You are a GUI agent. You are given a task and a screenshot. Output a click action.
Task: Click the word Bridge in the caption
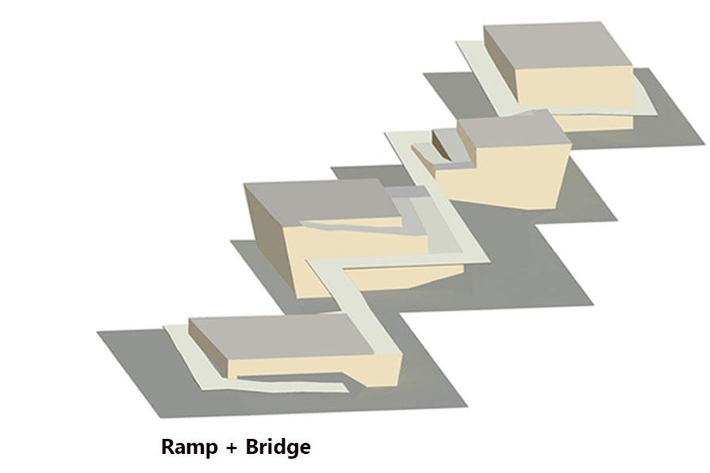tap(278, 447)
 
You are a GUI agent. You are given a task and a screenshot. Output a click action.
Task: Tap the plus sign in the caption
tap(232, 448)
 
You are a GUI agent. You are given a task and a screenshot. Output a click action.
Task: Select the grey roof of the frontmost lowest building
tap(281, 337)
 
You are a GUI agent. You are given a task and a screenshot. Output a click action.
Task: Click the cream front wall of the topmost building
tap(574, 88)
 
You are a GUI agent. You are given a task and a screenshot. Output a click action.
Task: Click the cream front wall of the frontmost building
tap(313, 368)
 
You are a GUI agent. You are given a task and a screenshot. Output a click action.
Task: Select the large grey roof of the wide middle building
tap(321, 204)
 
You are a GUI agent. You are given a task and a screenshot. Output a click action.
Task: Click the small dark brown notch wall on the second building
tap(441, 144)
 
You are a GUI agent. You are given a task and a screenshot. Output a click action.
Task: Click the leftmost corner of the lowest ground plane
tap(98, 332)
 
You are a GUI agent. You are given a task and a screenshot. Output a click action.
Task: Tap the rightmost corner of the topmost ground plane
tap(704, 145)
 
